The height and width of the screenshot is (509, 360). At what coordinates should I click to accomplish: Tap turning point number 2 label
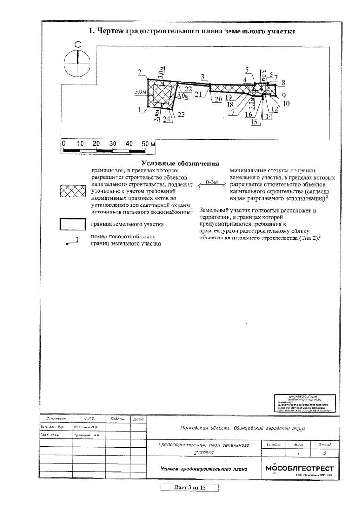(140, 72)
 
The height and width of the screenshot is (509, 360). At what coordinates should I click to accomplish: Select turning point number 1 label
(140, 110)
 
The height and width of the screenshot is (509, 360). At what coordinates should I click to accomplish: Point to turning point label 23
(181, 115)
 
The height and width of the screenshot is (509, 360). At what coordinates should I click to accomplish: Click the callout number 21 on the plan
(198, 94)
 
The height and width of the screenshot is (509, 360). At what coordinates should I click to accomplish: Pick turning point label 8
(283, 83)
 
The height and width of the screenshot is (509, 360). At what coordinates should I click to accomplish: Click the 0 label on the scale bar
(63, 143)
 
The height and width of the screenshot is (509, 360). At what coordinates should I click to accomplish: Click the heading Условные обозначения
(180, 164)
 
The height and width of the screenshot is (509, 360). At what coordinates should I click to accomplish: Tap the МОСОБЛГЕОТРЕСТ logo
(299, 468)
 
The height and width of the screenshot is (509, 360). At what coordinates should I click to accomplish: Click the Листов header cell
(325, 444)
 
